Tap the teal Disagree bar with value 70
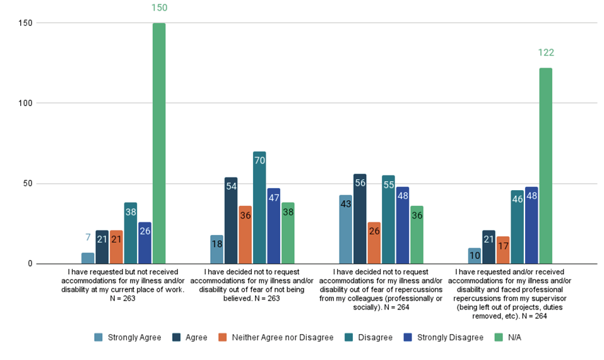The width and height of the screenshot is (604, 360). (x=259, y=208)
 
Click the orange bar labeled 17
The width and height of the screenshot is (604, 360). (x=502, y=250)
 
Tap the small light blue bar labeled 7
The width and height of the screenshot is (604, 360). (x=88, y=258)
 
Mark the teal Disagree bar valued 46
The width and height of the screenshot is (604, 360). (x=517, y=227)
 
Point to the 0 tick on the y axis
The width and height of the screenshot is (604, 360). (x=29, y=264)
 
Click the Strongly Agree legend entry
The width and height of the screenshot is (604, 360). (x=127, y=338)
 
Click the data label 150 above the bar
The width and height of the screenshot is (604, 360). (x=158, y=8)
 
